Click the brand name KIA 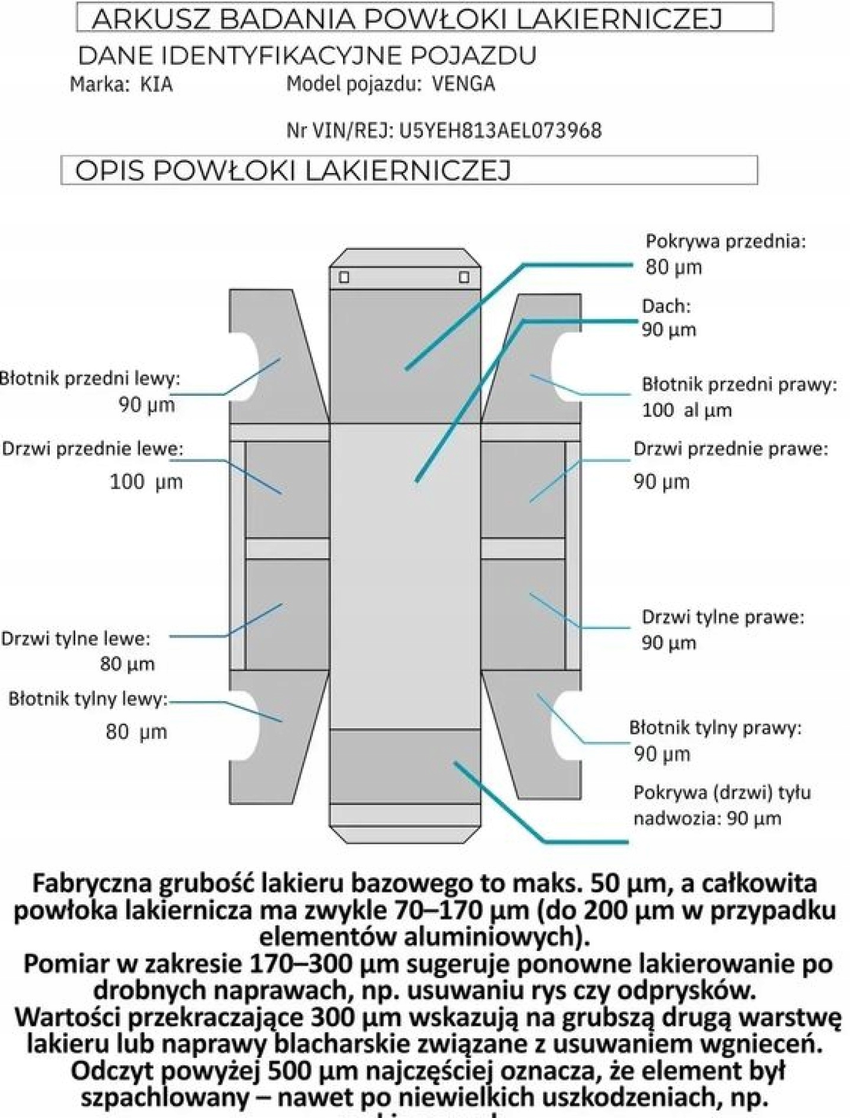tap(156, 85)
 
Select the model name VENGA tap(463, 84)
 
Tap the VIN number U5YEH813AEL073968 tap(501, 131)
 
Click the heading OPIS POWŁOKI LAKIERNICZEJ tap(292, 171)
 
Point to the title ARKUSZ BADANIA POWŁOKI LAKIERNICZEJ tap(407, 19)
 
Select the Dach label tap(666, 306)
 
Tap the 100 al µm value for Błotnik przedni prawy tap(686, 410)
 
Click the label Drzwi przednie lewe tap(93, 449)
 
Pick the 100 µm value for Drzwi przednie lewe tap(146, 482)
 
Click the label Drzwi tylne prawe tap(722, 617)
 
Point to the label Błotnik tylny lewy tap(88, 699)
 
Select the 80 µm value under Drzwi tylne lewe tap(127, 664)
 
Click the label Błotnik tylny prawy tap(715, 728)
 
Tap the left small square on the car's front tap(344, 277)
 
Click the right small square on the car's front tap(464, 277)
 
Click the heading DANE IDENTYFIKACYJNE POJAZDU tap(307, 56)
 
